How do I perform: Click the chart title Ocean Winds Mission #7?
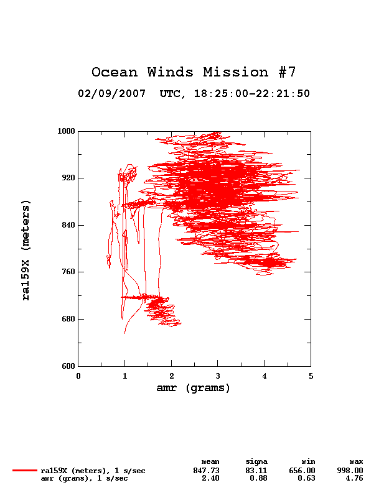tap(194, 72)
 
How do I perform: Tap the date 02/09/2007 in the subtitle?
tap(112, 93)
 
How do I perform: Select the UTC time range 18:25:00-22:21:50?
tap(252, 93)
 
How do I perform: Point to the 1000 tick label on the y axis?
tap(66, 131)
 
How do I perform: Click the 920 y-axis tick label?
tap(68, 178)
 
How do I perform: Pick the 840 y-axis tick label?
tap(68, 225)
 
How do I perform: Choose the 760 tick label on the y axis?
tap(68, 272)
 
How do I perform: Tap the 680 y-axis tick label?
tap(68, 319)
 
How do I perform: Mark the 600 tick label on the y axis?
tap(68, 366)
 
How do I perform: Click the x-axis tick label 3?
tap(218, 376)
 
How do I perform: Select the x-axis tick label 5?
tap(311, 376)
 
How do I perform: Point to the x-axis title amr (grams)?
tap(194, 388)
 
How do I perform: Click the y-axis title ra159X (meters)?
tap(26, 250)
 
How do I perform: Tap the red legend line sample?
tap(25, 471)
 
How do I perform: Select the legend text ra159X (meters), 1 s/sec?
tap(93, 471)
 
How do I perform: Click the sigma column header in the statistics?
tap(256, 462)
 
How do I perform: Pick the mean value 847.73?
tap(206, 471)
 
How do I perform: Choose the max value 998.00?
tap(350, 471)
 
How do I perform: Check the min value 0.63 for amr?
tap(307, 478)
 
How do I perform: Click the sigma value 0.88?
tap(259, 478)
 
